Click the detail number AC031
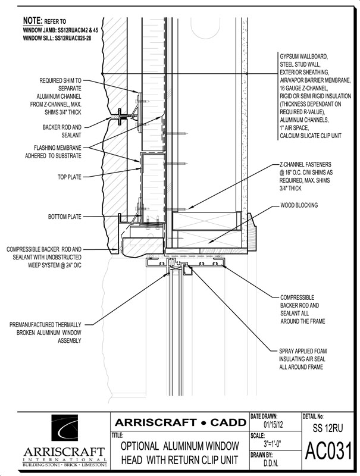[x=328, y=450]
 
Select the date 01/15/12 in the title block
[x=272, y=424]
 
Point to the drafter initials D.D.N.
[x=270, y=464]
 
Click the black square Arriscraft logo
[x=65, y=428]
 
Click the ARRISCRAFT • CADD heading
[x=180, y=422]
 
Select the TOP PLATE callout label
[x=70, y=177]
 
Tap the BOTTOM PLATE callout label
[x=65, y=217]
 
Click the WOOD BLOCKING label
[x=299, y=205]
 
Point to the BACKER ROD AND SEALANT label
[x=62, y=131]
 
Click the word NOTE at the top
[x=33, y=21]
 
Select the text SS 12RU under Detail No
[x=328, y=428]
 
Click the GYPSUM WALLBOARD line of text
[x=304, y=57]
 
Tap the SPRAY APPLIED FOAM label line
[x=303, y=351]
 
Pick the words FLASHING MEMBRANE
[x=57, y=148]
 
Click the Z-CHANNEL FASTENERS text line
[x=306, y=165]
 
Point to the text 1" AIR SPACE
[x=294, y=128]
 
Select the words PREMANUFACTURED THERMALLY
[x=45, y=325]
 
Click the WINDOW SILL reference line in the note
[x=57, y=38]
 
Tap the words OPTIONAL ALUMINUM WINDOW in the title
[x=180, y=446]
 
